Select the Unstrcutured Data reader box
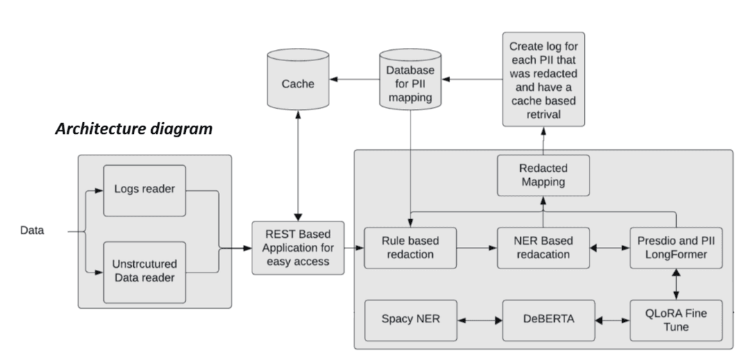pos(144,271)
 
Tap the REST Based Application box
pos(298,246)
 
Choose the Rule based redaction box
pos(411,246)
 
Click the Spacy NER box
pos(411,320)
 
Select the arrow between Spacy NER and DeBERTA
pos(480,320)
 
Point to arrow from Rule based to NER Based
pos(477,246)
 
